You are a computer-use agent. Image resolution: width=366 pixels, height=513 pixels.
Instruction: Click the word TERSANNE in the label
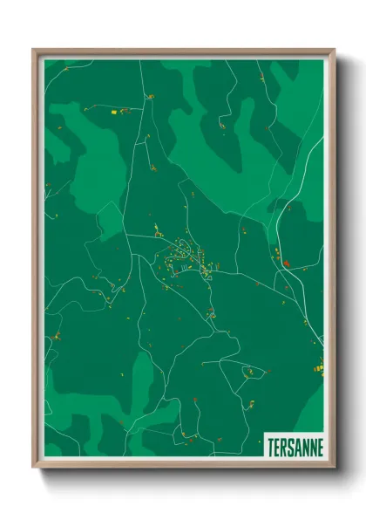point(293,446)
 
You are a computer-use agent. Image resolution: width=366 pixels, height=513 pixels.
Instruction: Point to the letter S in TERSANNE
point(288,446)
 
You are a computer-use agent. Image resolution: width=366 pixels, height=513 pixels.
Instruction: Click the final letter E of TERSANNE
point(319,446)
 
